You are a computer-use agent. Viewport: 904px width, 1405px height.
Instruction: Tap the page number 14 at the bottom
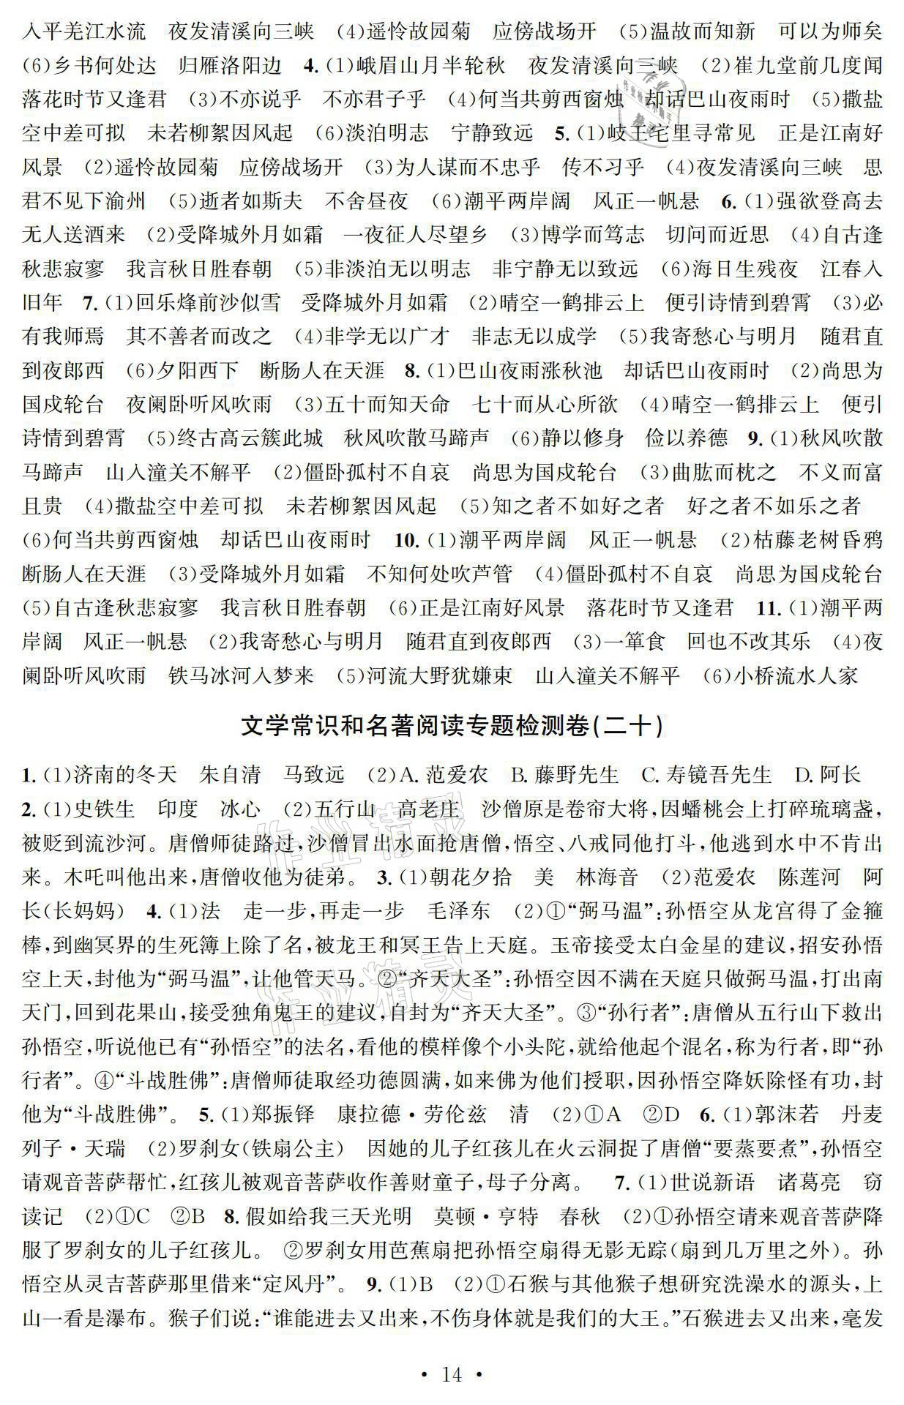452,1374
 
